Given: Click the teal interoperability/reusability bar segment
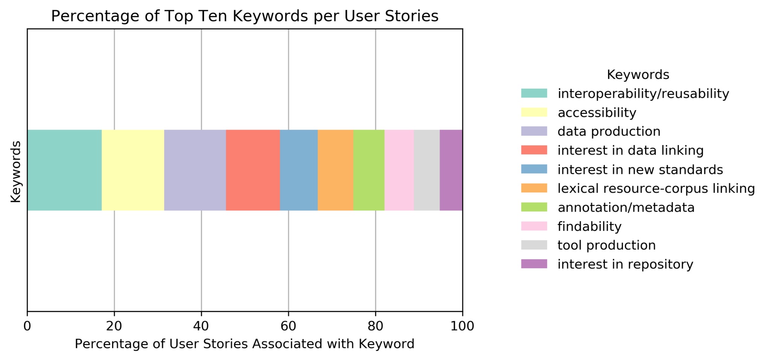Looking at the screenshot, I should tap(64, 170).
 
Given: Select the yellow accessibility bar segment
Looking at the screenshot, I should tap(133, 170).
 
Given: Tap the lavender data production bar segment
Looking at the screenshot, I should tap(195, 170).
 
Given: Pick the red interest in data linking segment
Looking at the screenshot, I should tap(253, 170).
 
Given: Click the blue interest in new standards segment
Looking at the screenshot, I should tap(299, 170).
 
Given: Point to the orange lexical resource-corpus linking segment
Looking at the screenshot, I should tap(335, 170).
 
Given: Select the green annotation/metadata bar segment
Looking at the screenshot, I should tap(368, 170).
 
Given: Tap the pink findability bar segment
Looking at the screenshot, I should tap(399, 170).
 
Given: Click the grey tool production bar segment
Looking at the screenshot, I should tap(426, 170).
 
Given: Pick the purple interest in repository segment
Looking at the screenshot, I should tap(451, 170).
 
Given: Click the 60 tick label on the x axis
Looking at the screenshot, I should tap(288, 326).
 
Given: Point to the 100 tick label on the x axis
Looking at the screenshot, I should tap(462, 326).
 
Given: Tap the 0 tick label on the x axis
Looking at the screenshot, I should tap(27, 326).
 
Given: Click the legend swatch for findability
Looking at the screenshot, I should tap(534, 226).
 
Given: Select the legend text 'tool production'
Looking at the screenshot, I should tap(606, 245).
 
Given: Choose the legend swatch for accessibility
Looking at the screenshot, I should tap(534, 112).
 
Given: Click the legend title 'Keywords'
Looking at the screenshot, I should tap(638, 75).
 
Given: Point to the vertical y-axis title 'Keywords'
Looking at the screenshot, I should tap(16, 171).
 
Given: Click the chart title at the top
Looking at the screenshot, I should tap(244, 16).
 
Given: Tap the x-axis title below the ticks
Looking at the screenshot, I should tap(244, 344).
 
